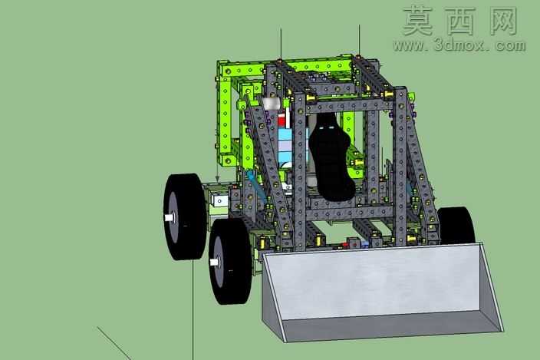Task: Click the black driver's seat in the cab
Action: [x=331, y=158]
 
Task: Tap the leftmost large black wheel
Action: [x=185, y=216]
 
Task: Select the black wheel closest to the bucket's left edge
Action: [x=230, y=261]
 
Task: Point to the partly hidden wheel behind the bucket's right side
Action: [x=457, y=226]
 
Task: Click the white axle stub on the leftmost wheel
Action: [x=169, y=217]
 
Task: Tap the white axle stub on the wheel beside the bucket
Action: [x=214, y=263]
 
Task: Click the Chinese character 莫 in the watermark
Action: [x=417, y=21]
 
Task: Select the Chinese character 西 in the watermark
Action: [x=460, y=21]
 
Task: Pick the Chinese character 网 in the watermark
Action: [x=503, y=21]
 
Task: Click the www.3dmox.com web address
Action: [x=459, y=45]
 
